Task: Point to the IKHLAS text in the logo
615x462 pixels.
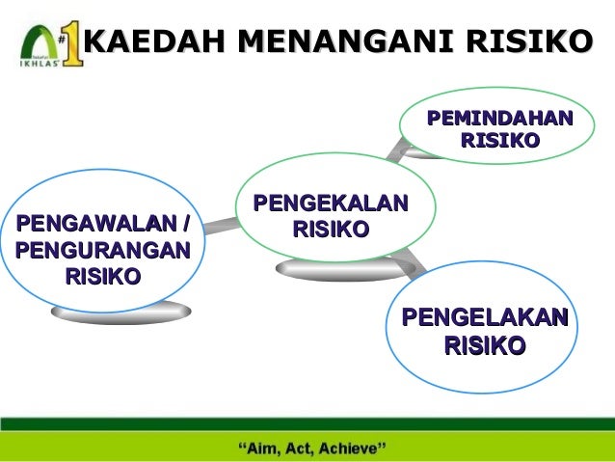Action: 36,68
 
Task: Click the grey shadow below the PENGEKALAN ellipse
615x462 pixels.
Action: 333,271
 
